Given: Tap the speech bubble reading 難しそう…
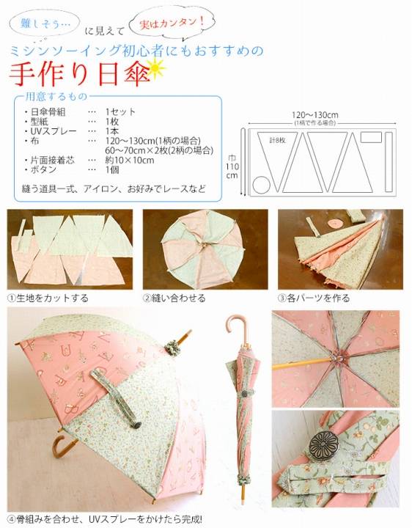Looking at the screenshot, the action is tap(45, 23).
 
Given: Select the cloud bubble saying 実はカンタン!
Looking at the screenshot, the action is tap(172, 23).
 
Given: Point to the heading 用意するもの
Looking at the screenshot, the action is tap(56, 96).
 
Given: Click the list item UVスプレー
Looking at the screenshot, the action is tap(54, 131).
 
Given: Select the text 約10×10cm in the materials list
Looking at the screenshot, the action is tap(130, 160).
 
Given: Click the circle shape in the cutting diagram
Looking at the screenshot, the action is tap(261, 185).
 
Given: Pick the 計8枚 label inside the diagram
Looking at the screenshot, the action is tap(277, 140).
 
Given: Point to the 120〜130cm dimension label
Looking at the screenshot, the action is tap(315, 116).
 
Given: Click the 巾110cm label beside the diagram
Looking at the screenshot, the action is tap(232, 166).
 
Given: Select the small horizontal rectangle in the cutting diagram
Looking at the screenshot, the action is tap(371, 137).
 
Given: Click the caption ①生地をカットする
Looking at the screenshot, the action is tap(48, 298).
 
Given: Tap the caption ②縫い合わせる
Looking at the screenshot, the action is tap(174, 298).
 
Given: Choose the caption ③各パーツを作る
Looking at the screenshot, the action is tap(314, 298).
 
